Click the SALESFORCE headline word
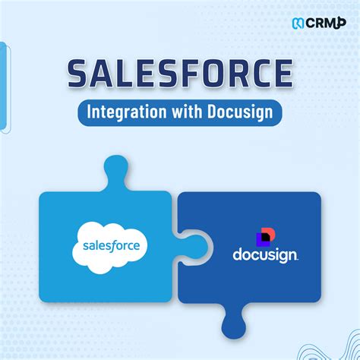[179, 74]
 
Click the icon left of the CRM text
[298, 22]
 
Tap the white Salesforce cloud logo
[110, 245]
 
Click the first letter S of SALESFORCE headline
[79, 74]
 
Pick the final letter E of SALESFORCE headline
[283, 74]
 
